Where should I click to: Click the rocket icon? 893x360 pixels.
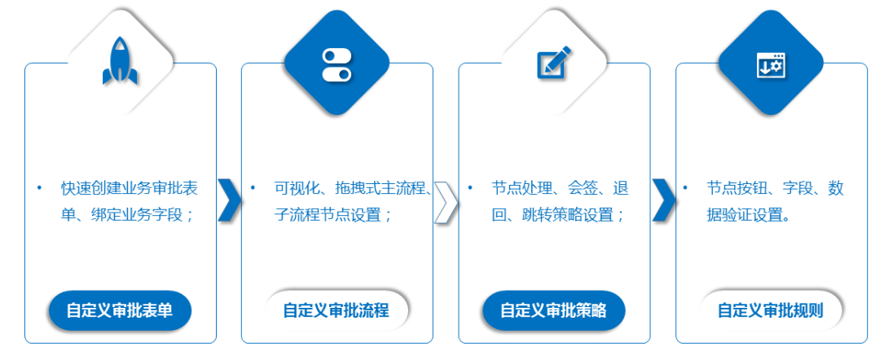click(120, 61)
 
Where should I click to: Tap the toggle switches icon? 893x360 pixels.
click(337, 65)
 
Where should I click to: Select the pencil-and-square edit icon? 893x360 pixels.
click(553, 62)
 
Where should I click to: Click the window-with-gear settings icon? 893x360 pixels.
click(771, 65)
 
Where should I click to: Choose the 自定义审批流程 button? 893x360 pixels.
click(337, 310)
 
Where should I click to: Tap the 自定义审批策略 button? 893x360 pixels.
click(553, 310)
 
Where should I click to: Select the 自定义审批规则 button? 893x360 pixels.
click(771, 310)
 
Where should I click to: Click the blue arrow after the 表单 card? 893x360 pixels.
click(230, 200)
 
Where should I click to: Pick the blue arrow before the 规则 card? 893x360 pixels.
click(664, 200)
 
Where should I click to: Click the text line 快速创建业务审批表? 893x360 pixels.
click(130, 188)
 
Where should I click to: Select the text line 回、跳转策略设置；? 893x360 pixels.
click(559, 215)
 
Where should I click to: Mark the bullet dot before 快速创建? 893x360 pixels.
click(39, 188)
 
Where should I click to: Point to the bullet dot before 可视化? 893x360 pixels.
click(253, 188)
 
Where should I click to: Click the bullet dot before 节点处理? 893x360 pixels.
click(470, 188)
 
